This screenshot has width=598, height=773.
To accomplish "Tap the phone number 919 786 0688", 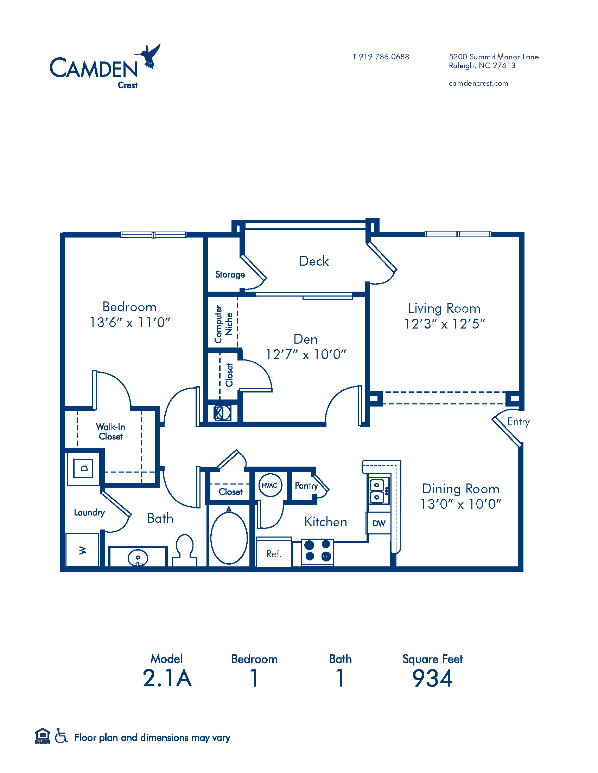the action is point(384,57).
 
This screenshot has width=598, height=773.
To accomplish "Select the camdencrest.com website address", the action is point(478,83).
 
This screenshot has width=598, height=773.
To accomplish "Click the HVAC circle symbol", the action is point(269,485).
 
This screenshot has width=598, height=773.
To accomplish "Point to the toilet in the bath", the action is point(185,550).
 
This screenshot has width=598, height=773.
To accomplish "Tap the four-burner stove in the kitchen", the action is point(318,552).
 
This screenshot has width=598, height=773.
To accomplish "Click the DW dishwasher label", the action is point(379,524).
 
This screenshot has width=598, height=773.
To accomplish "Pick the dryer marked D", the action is point(83,468).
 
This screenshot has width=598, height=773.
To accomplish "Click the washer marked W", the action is point(83,550).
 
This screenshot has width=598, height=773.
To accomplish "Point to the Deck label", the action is point(314,261).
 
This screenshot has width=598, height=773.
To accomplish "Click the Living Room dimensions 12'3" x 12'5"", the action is point(444,324).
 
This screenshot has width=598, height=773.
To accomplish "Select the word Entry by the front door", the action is point(518,422).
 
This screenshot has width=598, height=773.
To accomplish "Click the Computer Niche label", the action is point(223,324).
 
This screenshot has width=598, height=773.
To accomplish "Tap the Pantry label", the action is point(306,486).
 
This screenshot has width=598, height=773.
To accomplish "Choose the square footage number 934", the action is point(433,678).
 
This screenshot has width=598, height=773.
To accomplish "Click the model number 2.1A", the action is point(167,678).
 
